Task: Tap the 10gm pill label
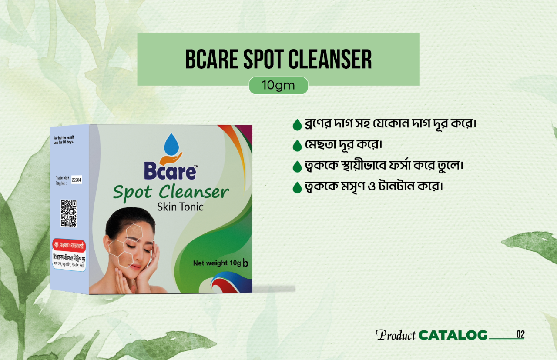coord(278,86)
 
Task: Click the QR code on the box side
coord(68,213)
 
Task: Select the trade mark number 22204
coord(77,179)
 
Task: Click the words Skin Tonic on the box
coord(180,207)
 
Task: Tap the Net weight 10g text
coord(217,263)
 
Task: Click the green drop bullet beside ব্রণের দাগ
coord(298,125)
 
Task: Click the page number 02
coord(520,334)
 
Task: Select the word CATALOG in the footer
coord(453,335)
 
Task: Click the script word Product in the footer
coord(396,335)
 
